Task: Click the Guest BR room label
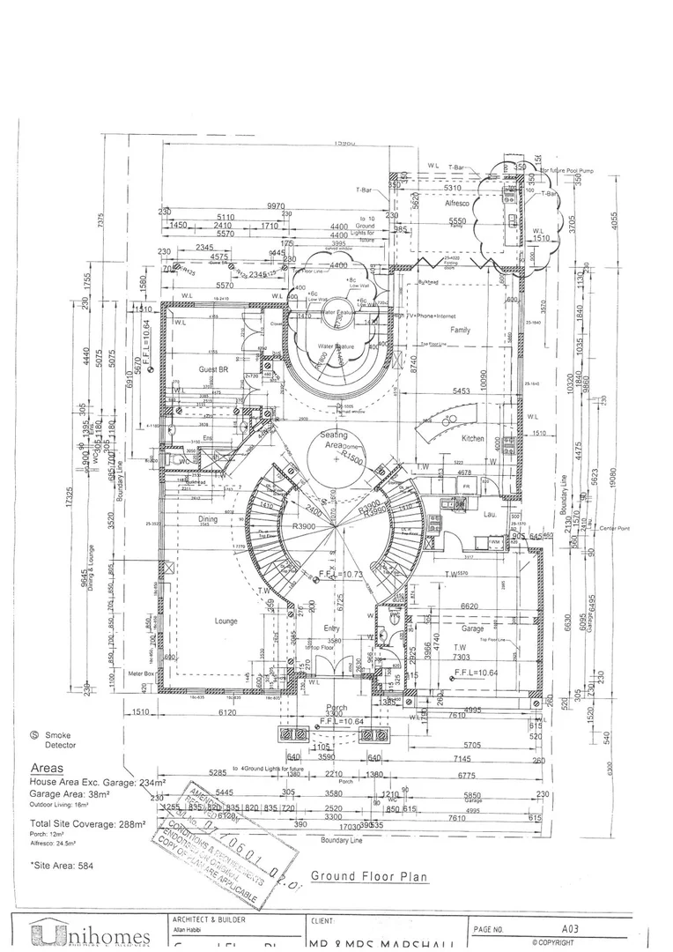pyautogui.click(x=214, y=370)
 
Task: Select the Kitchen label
pyautogui.click(x=473, y=438)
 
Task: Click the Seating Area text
pyautogui.click(x=334, y=441)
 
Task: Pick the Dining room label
pyautogui.click(x=207, y=519)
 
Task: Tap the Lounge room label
pyautogui.click(x=226, y=621)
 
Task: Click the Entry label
pyautogui.click(x=329, y=628)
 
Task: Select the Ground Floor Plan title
pyautogui.click(x=368, y=876)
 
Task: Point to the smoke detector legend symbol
pyautogui.click(x=35, y=733)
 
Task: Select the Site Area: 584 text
pyautogui.click(x=62, y=865)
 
